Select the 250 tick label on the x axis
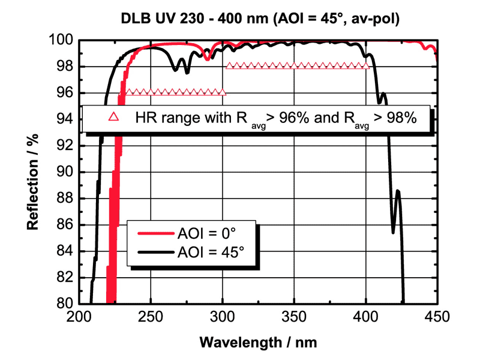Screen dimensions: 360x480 pos(151,317)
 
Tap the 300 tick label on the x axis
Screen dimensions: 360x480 pos(222,317)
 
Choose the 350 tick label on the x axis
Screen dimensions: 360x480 pos(293,317)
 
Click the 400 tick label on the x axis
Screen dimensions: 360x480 pos(365,317)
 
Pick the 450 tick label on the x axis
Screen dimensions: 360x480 pos(436,317)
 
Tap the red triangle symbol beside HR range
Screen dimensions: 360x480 pos(112,118)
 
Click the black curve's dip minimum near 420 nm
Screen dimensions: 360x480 pos(393,232)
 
